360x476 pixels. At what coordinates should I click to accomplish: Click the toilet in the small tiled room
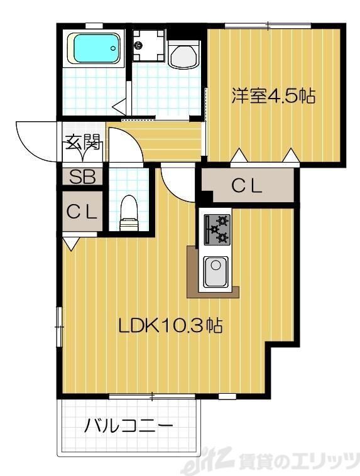coord(129,212)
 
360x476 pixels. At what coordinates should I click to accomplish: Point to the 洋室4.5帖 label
coord(273,96)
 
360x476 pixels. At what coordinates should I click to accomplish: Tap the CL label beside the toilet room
coord(82,212)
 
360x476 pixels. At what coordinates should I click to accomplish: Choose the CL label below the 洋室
coord(247,186)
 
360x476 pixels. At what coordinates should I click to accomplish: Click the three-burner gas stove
coord(215,230)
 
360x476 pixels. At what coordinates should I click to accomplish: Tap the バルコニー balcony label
coord(129,427)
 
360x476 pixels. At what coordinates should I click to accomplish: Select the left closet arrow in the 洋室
coord(239,155)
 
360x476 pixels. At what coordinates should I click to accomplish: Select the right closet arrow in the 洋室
coord(290,155)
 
